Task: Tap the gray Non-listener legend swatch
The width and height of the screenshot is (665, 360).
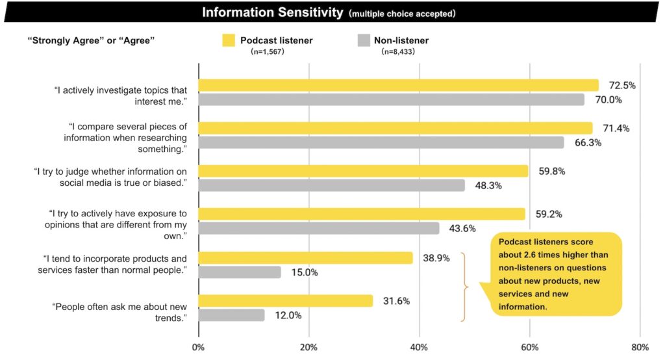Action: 364,41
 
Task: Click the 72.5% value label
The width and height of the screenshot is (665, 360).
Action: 622,85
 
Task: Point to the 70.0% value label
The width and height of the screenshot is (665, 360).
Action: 609,100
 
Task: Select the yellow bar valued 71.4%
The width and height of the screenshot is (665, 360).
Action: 395,128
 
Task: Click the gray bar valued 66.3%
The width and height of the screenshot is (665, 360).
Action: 381,142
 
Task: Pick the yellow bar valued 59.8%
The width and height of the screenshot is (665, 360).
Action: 363,171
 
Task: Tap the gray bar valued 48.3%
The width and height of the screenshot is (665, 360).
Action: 332,186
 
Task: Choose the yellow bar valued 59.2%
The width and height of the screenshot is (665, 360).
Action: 362,214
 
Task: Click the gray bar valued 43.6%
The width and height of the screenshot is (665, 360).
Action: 319,229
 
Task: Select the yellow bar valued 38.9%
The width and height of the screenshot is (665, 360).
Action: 305,258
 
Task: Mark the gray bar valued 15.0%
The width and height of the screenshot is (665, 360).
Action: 240,272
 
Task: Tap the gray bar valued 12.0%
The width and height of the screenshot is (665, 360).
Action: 231,315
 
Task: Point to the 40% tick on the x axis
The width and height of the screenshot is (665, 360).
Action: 419,346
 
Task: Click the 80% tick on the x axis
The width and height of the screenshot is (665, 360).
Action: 640,346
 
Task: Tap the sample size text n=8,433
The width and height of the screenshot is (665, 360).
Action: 398,51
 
